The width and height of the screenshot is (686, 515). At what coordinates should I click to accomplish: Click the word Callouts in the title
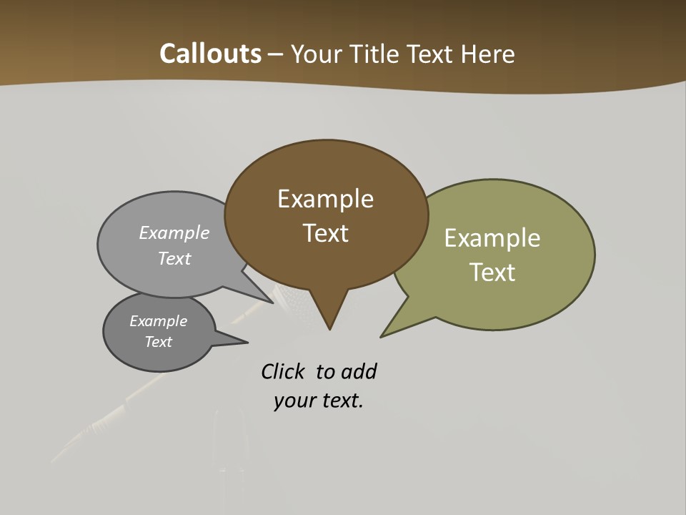pyautogui.click(x=210, y=54)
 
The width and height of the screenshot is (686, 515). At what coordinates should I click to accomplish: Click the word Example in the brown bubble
pyautogui.click(x=325, y=199)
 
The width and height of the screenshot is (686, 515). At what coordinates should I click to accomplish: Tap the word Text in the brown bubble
pyautogui.click(x=325, y=233)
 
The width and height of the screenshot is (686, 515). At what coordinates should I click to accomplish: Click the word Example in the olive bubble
pyautogui.click(x=492, y=238)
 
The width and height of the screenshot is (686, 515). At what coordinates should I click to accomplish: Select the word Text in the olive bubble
pyautogui.click(x=492, y=273)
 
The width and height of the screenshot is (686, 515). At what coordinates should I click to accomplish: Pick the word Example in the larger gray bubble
pyautogui.click(x=174, y=233)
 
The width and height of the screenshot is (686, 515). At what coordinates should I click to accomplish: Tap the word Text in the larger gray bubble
pyautogui.click(x=174, y=259)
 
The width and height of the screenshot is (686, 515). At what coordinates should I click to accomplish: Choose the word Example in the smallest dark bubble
pyautogui.click(x=159, y=321)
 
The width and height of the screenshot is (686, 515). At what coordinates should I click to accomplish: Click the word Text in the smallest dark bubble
pyautogui.click(x=159, y=342)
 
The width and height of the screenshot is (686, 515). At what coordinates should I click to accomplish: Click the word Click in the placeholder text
pyautogui.click(x=282, y=372)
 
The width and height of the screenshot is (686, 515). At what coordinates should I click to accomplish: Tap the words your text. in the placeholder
pyautogui.click(x=319, y=401)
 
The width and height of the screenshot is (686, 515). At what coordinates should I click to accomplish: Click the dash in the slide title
pyautogui.click(x=276, y=54)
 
